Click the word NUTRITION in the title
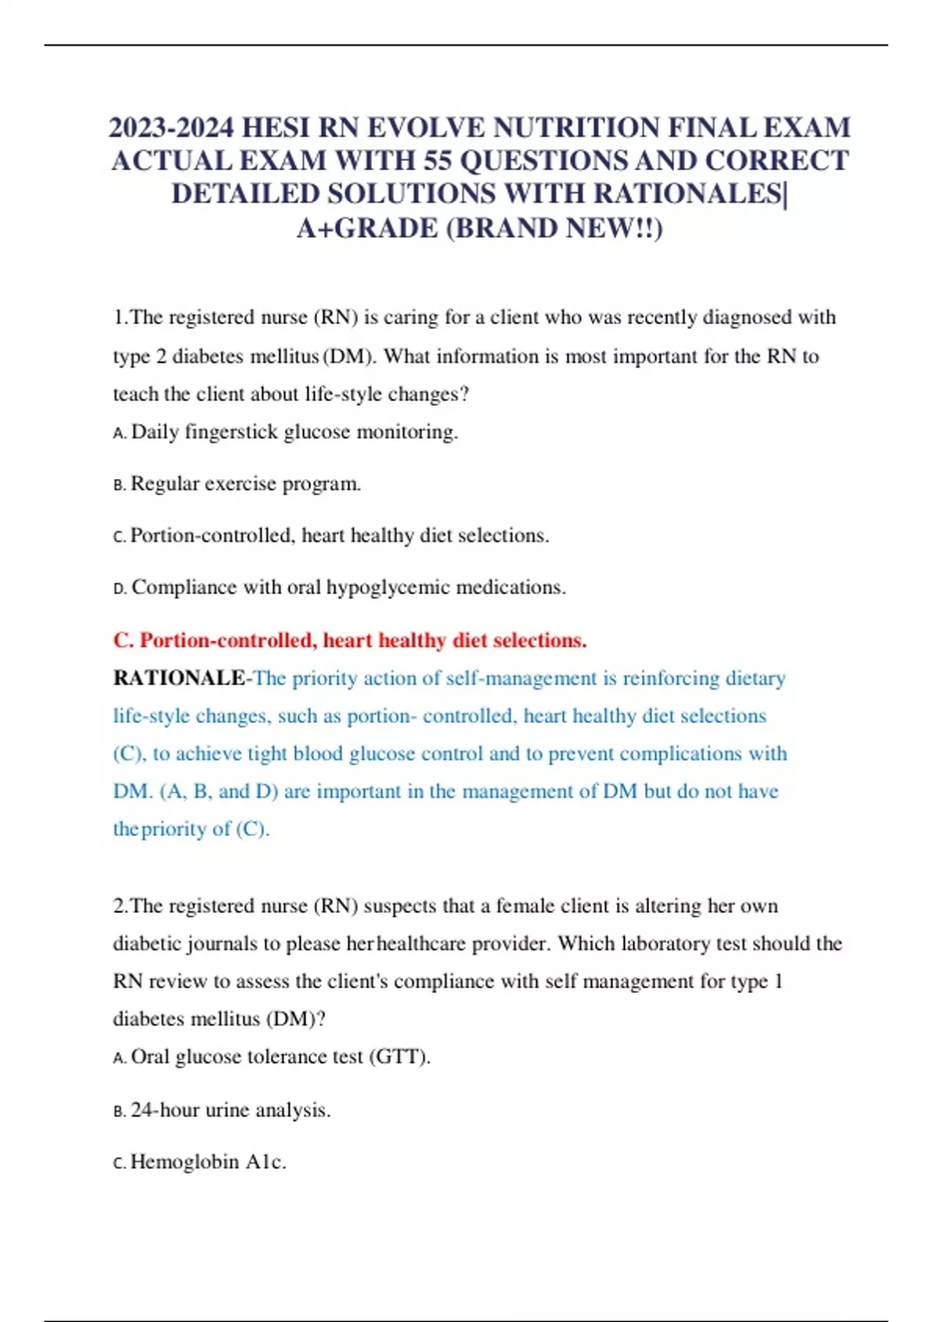pyautogui.click(x=572, y=128)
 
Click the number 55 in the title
pyautogui.click(x=438, y=161)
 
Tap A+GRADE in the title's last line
pyautogui.click(x=367, y=229)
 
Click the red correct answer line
pyautogui.click(x=350, y=641)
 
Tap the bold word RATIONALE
pyautogui.click(x=179, y=678)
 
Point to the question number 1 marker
pyautogui.click(x=120, y=318)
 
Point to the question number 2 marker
pyautogui.click(x=120, y=906)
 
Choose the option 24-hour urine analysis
pyautogui.click(x=230, y=1110)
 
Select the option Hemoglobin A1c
pyautogui.click(x=208, y=1162)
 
